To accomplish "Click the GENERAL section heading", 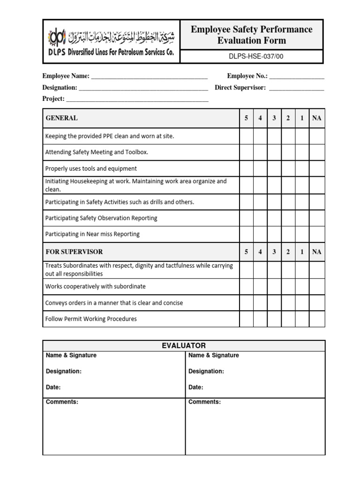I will click(62, 118).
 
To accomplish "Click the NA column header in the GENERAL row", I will click(317, 118).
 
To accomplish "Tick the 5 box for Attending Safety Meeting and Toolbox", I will click(246, 152).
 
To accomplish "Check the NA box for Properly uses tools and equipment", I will click(317, 168).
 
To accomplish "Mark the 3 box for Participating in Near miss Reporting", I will click(274, 234).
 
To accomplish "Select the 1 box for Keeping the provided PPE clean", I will click(302, 136).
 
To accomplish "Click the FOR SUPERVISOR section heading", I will click(74, 252).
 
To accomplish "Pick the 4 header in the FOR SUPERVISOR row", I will click(260, 252).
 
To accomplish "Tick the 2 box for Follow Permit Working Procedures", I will click(288, 319).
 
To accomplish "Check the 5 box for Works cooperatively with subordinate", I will click(246, 286).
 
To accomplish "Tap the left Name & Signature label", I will click(71, 355).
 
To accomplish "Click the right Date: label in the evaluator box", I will click(196, 388).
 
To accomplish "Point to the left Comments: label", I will click(62, 402).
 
